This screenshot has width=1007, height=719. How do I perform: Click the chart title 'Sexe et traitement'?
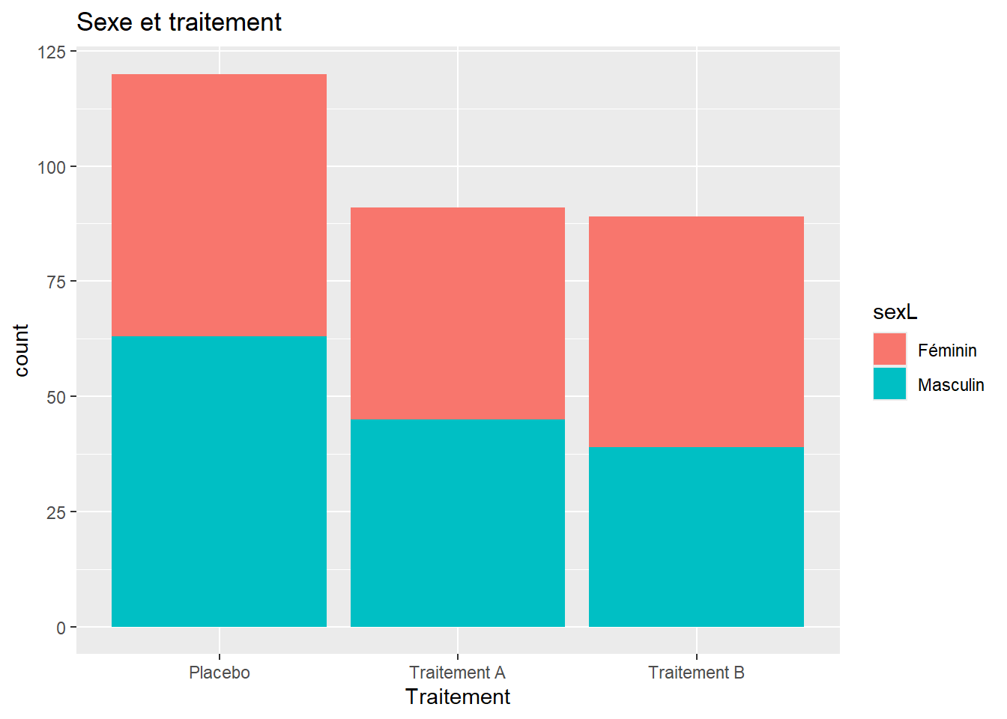(179, 22)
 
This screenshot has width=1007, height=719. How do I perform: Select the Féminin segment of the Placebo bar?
(219, 205)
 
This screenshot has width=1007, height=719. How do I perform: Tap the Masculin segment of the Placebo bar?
(219, 482)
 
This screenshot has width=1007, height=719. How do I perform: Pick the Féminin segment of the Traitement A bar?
(458, 314)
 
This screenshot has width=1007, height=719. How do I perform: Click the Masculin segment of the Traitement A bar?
(458, 523)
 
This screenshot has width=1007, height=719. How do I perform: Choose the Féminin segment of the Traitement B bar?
(696, 332)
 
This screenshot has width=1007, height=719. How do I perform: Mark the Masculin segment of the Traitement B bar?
(696, 537)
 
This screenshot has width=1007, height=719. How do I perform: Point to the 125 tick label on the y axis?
(52, 52)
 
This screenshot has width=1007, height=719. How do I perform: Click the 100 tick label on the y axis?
(52, 167)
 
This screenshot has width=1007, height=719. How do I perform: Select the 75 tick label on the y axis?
(57, 282)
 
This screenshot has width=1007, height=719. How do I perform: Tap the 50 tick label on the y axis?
(57, 397)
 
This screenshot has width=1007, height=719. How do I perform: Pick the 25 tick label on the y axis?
(57, 512)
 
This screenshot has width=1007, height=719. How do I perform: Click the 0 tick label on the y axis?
(61, 628)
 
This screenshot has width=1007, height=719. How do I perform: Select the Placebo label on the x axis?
(220, 673)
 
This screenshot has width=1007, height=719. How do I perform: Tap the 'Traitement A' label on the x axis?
(458, 673)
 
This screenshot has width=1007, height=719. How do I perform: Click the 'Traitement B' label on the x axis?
(696, 673)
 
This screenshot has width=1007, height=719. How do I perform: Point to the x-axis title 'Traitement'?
(458, 697)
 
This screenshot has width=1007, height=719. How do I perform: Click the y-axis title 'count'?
(21, 351)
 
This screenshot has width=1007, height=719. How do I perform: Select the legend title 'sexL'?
(895, 312)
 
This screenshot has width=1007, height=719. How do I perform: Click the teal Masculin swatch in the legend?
(889, 383)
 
